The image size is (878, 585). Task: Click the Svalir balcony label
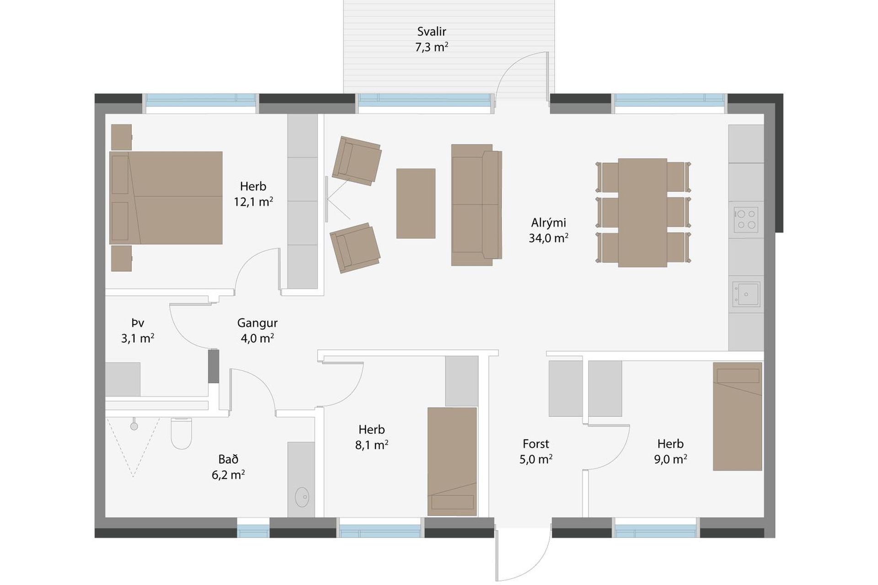point(431,32)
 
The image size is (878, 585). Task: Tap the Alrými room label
point(548,223)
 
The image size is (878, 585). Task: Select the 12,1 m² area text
point(253,202)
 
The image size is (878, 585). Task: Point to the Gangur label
point(257,323)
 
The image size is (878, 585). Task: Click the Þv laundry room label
point(138,323)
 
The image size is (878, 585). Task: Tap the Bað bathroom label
point(228,459)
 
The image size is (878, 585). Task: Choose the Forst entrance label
point(535,444)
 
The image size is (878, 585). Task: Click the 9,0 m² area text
point(670,459)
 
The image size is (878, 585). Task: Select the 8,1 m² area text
point(372,445)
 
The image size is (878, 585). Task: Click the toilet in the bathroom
point(181,433)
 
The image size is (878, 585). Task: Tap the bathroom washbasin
point(302,497)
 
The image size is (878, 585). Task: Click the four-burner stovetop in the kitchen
point(746,220)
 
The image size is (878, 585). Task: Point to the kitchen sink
point(746,294)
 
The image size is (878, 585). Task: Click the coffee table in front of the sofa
point(416,203)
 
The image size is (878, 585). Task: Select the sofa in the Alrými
point(476,205)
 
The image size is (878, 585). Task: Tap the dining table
point(642,213)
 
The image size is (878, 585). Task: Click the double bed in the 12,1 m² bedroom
point(166,198)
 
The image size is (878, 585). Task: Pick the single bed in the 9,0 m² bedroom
point(737,416)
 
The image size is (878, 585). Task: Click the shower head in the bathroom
point(134,426)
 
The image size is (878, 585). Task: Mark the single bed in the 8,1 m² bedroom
point(452,462)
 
